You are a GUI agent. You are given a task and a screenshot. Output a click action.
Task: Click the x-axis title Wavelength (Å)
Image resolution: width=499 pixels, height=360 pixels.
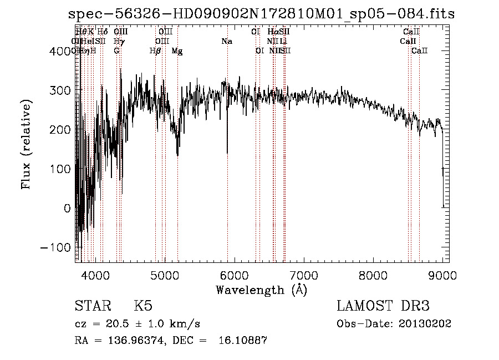pyautogui.click(x=262, y=290)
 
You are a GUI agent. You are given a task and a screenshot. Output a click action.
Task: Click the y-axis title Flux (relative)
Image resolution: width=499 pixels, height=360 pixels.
pyautogui.click(x=26, y=144)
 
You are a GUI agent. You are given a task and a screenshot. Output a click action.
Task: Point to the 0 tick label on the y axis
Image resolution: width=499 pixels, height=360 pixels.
pyautogui.click(x=67, y=208)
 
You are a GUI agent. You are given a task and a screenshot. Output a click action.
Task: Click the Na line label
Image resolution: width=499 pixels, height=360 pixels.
pyautogui.click(x=227, y=42)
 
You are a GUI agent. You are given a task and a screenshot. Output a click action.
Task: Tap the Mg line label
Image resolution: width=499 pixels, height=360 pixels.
pyautogui.click(x=177, y=51)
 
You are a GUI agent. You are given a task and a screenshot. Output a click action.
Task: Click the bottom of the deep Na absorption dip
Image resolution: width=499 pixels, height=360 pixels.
pyautogui.click(x=227, y=153)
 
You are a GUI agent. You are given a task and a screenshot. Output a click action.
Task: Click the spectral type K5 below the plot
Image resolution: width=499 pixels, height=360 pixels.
pyautogui.click(x=143, y=306)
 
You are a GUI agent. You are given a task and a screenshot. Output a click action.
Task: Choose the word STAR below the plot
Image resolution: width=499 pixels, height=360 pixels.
pyautogui.click(x=91, y=306)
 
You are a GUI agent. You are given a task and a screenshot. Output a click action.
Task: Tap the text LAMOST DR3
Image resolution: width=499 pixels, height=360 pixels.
pyautogui.click(x=383, y=306)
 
